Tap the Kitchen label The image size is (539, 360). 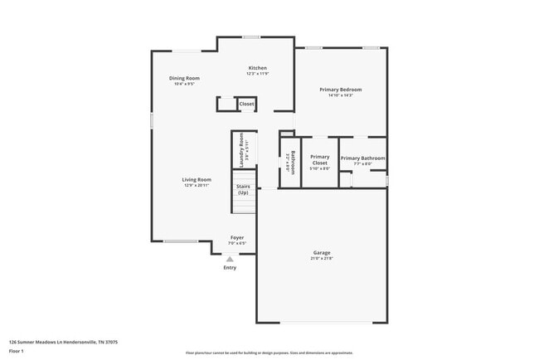[258, 68]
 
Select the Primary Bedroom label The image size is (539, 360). [340, 90]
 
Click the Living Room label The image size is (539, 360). [197, 179]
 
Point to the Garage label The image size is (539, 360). [322, 252]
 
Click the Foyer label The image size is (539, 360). [237, 237]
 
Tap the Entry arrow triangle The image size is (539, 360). [230, 259]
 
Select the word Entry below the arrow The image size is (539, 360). [230, 267]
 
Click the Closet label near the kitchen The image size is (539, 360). [247, 105]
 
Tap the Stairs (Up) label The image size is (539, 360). [243, 190]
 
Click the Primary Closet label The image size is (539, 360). [320, 159]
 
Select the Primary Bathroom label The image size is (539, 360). [362, 158]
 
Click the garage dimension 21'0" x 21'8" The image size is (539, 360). [322, 259]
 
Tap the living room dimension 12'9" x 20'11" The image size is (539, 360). [197, 185]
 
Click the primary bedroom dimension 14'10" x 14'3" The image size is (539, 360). [340, 95]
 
